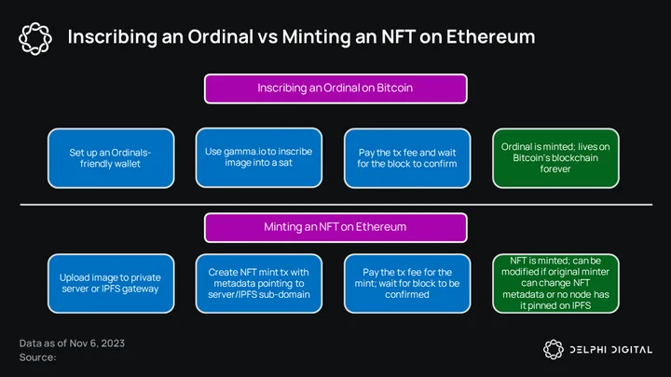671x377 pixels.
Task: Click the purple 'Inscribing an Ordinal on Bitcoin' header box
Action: pyautogui.click(x=335, y=88)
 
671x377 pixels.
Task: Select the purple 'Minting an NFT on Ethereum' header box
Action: pyautogui.click(x=335, y=227)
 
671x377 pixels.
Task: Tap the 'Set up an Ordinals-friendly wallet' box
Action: pyautogui.click(x=111, y=158)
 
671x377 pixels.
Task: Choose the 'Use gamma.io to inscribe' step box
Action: pyautogui.click(x=259, y=157)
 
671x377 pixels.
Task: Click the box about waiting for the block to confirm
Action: pyautogui.click(x=407, y=158)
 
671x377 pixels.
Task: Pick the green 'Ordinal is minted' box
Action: pyautogui.click(x=555, y=158)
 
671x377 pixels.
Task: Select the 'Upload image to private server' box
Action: pyautogui.click(x=111, y=283)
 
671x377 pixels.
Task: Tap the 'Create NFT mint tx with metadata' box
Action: pyautogui.click(x=259, y=283)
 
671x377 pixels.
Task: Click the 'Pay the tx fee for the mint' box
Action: pyautogui.click(x=407, y=283)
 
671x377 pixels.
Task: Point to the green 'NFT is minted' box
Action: pyautogui.click(x=555, y=283)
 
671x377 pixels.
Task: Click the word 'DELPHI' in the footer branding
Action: pyautogui.click(x=588, y=350)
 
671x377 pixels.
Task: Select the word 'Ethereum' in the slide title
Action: pyautogui.click(x=490, y=36)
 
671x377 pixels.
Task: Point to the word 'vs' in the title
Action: pyautogui.click(x=267, y=37)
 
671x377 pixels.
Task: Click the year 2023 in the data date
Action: pyautogui.click(x=114, y=343)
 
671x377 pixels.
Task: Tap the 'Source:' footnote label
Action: pyautogui.click(x=37, y=357)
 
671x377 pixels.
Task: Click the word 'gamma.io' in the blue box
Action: pyautogui.click(x=244, y=152)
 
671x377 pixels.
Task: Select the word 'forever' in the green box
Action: pyautogui.click(x=555, y=168)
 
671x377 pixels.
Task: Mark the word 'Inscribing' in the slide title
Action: pyautogui.click(x=112, y=37)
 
